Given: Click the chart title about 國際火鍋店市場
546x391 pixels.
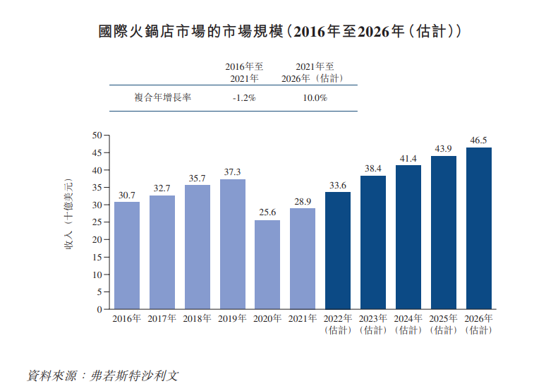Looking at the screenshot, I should (x=272, y=32).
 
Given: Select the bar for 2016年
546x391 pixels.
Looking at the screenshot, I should (x=127, y=255).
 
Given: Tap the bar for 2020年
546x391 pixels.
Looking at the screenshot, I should (x=267, y=265).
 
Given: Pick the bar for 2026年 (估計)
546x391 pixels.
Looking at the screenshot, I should (x=478, y=228).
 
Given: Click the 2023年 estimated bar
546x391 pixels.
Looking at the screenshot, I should (x=373, y=242).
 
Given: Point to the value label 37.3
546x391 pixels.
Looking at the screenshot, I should (x=232, y=172).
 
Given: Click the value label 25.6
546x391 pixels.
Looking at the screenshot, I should (x=267, y=212).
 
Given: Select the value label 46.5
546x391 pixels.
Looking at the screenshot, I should (x=478, y=140).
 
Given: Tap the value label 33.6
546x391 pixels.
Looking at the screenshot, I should (x=338, y=185).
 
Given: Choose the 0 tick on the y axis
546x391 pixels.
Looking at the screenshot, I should (x=99, y=309).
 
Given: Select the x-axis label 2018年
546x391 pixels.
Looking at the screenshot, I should (x=197, y=318).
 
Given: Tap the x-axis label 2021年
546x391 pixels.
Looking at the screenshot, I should (x=303, y=318).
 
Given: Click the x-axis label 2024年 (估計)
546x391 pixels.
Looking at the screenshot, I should (x=408, y=324).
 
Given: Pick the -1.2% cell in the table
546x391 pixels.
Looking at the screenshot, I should (x=244, y=98).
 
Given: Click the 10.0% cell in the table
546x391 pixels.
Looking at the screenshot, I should (x=315, y=98).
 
